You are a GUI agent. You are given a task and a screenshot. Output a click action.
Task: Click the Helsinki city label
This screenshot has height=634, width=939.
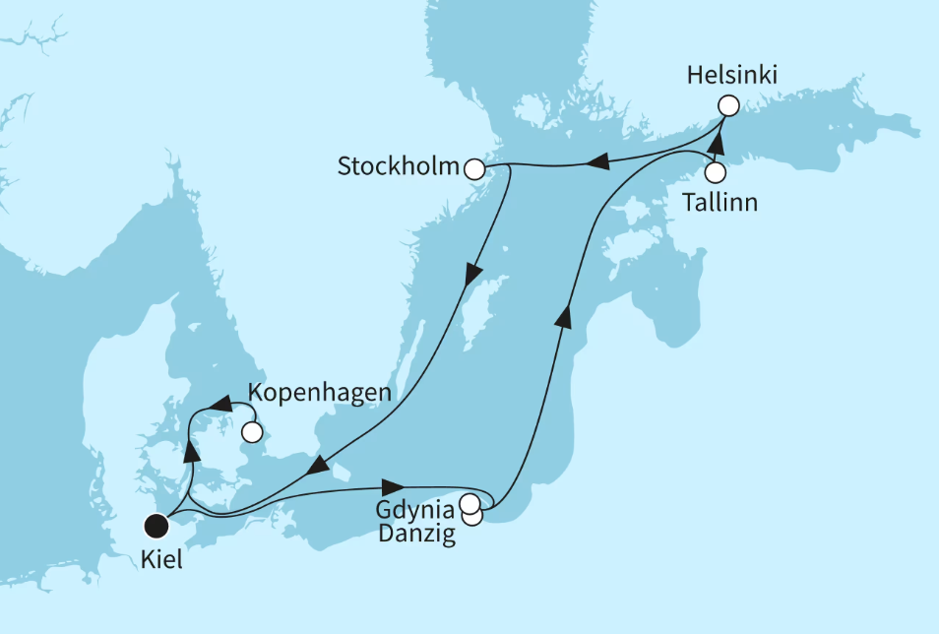coord(724,76)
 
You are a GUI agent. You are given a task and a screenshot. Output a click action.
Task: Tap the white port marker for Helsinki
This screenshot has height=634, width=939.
coord(728,105)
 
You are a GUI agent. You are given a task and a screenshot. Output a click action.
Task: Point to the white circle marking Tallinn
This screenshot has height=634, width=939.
coord(716,172)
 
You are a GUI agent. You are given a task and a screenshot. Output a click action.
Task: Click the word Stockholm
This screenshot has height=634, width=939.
coord(399,166)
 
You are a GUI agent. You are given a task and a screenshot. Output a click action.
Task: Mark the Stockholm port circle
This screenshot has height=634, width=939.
coord(475,169)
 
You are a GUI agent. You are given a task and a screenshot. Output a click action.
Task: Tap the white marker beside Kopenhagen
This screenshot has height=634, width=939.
coord(252,431)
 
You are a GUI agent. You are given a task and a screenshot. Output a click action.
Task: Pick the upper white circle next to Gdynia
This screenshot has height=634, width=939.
coord(469,504)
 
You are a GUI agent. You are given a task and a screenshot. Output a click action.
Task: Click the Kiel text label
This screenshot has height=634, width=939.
coord(161,560)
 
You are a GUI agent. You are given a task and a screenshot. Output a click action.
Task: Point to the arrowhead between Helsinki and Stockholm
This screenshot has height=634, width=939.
coord(595,161)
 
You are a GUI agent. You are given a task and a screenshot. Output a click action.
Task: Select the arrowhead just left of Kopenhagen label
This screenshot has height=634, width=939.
coord(223,404)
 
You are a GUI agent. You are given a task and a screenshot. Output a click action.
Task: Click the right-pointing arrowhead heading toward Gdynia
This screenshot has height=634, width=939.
coord(394,486)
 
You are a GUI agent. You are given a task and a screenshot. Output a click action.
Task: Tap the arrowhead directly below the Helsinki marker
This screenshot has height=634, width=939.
coord(718,144)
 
